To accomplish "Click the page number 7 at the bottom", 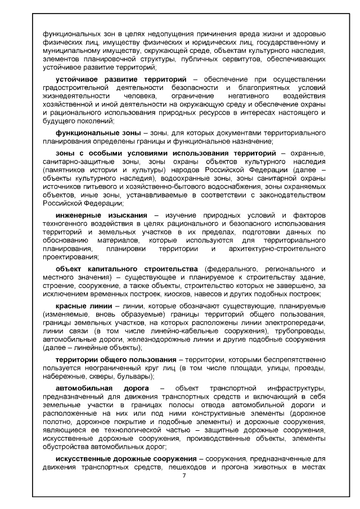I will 183,476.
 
